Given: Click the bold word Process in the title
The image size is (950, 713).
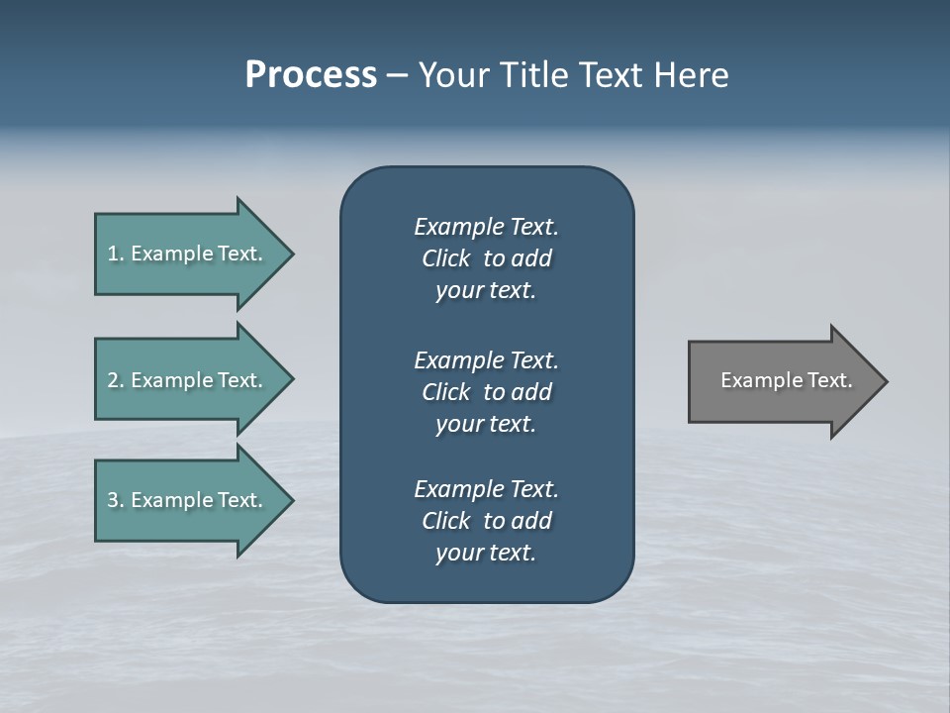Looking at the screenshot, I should tap(311, 75).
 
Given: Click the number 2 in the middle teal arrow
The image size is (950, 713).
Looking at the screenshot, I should tap(113, 380).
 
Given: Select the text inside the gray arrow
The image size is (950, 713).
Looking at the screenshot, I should tap(787, 380).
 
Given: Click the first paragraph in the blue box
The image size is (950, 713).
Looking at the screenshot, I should tap(486, 258).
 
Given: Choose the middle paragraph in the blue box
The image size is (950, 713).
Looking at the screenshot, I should tap(486, 392).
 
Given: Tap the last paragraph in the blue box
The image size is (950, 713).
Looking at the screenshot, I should tap(486, 521).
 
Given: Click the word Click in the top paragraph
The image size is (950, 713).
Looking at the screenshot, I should tap(445, 258).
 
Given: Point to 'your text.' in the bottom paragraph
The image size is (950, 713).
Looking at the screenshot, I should tap(486, 553).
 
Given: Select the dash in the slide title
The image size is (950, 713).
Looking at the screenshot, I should tap(397, 75).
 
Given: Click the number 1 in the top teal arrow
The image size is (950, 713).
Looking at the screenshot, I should tap(113, 254).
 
